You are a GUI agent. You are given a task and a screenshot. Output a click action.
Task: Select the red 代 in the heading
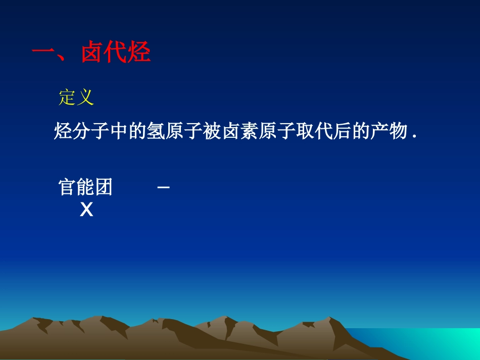point(115,53)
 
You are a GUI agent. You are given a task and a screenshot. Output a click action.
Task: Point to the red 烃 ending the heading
point(139,53)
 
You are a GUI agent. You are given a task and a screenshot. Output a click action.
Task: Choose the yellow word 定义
point(76,97)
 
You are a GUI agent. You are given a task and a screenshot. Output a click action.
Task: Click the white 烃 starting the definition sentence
point(62,132)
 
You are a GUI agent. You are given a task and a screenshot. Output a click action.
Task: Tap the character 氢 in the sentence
point(151,132)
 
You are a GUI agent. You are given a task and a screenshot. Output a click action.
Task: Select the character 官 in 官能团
point(68,187)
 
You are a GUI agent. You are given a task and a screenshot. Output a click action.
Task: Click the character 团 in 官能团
point(104,187)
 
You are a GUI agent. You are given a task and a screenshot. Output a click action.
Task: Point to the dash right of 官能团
point(163,188)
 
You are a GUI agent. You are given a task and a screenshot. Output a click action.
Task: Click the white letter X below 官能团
point(86,210)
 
